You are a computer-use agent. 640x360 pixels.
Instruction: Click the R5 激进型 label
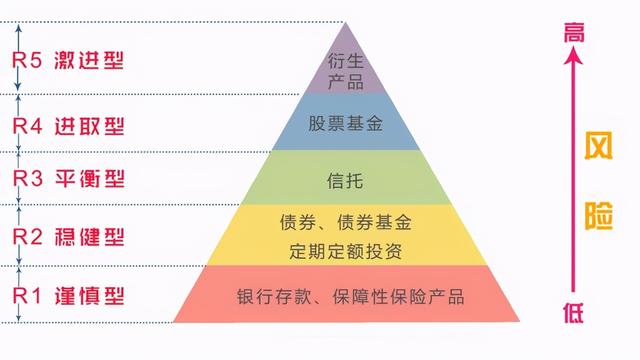point(68,59)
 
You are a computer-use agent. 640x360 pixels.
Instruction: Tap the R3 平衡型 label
point(68,179)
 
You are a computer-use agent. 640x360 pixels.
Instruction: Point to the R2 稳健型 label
point(68,236)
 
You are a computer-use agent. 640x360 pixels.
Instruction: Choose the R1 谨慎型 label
point(68,295)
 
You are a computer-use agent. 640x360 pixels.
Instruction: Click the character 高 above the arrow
point(572,32)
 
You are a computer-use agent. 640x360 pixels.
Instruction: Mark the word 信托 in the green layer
point(345,181)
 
